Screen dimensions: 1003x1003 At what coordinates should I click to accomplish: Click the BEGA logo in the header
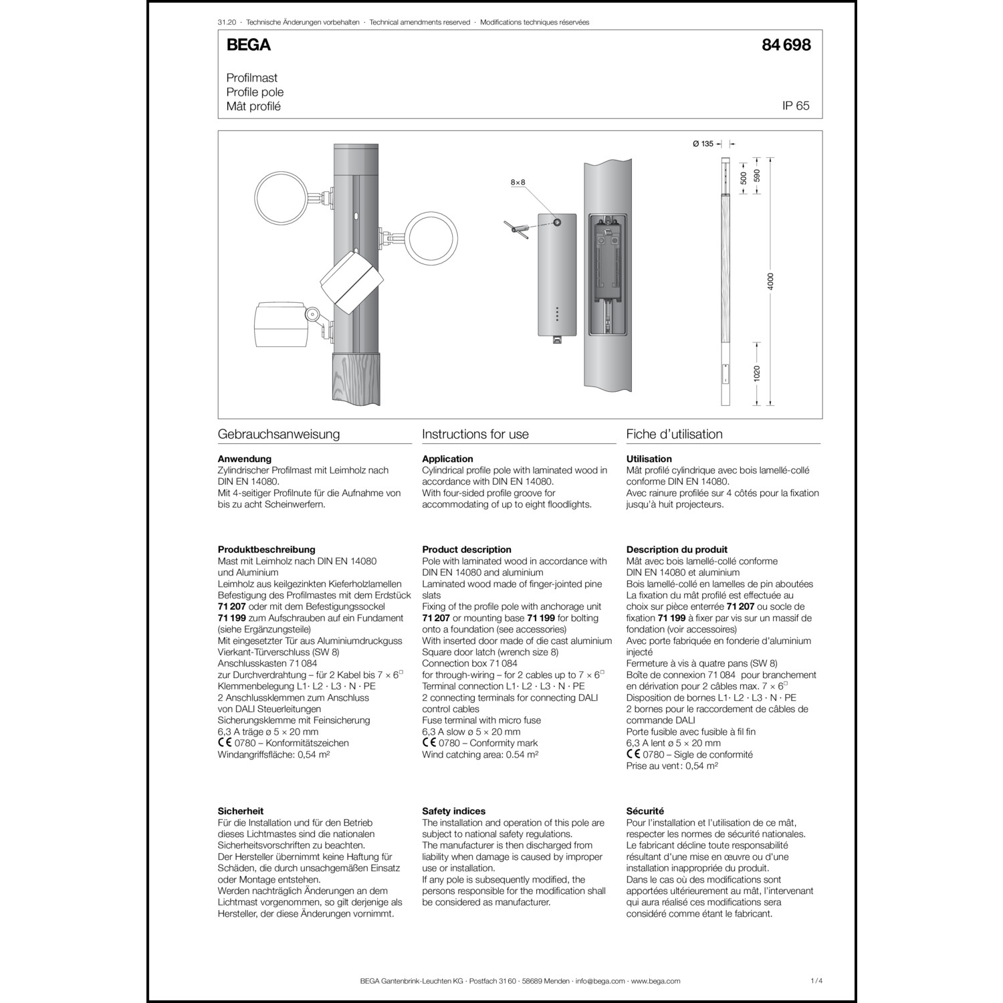click(248, 45)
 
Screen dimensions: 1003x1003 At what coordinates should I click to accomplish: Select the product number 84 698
click(786, 45)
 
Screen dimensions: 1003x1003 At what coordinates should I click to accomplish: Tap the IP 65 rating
click(796, 106)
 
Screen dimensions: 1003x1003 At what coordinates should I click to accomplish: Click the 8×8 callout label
click(518, 182)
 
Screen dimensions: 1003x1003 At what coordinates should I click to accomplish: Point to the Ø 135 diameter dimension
click(703, 144)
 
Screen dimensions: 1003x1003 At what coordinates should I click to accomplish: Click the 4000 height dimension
click(770, 282)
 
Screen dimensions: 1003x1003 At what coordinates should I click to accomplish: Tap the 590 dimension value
click(757, 176)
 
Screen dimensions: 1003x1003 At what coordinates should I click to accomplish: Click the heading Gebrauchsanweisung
click(278, 434)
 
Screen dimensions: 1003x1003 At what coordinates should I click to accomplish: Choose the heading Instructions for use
click(475, 434)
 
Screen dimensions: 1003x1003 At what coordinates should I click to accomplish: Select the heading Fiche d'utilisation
click(674, 434)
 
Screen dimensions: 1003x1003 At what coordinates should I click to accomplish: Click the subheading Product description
click(466, 550)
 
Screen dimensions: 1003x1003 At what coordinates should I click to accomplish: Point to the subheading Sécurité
click(645, 811)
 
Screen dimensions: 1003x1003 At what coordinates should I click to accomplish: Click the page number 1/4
click(816, 981)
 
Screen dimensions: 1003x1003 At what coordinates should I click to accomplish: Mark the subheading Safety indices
click(453, 811)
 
